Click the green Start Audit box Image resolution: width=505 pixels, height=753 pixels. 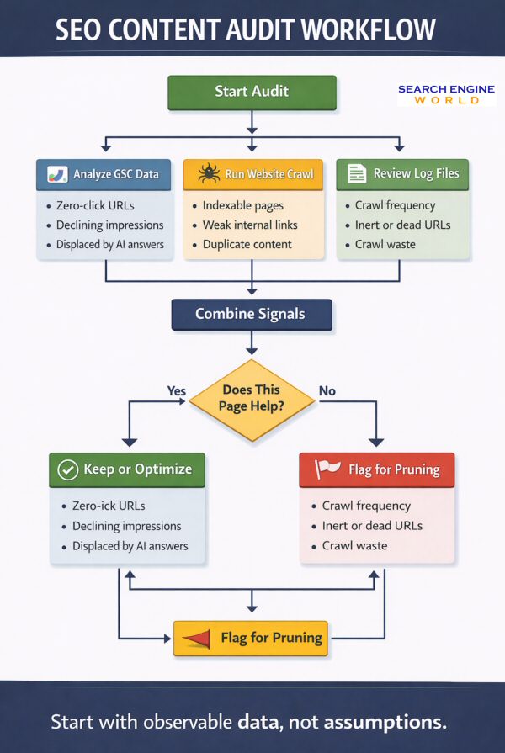252,93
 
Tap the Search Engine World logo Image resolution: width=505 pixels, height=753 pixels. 447,94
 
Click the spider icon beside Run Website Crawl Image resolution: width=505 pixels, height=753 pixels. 209,174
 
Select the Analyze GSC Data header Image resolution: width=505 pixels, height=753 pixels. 104,174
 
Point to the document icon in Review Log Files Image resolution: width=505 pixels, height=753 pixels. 357,173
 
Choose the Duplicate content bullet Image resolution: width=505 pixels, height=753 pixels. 247,244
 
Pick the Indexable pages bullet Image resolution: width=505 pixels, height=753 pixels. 243,205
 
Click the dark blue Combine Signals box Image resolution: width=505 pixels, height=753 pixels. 252,314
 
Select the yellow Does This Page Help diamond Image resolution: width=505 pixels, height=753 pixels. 252,400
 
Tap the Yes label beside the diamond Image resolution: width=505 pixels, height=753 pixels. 177,390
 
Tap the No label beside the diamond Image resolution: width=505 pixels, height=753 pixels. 327,390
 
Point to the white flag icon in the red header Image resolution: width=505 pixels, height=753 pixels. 328,469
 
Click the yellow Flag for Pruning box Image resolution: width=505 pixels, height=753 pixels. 252,638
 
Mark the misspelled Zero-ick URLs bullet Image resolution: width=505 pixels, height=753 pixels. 109,506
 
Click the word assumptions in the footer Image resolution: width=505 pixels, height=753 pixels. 385,722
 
